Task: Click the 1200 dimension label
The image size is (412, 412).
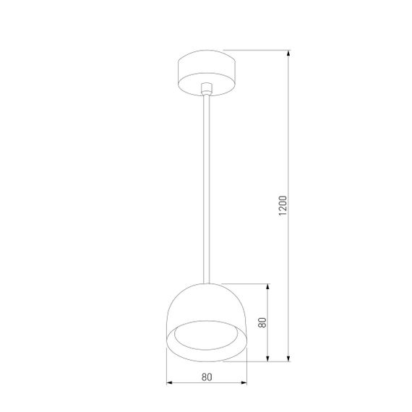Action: (x=283, y=205)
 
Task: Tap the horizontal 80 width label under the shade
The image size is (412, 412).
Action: (x=207, y=376)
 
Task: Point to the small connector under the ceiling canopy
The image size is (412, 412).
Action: (x=207, y=88)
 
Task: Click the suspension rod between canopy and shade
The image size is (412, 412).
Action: (x=207, y=188)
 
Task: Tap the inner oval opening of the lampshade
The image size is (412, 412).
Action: (x=207, y=336)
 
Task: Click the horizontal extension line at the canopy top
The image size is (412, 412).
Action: (x=260, y=50)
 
